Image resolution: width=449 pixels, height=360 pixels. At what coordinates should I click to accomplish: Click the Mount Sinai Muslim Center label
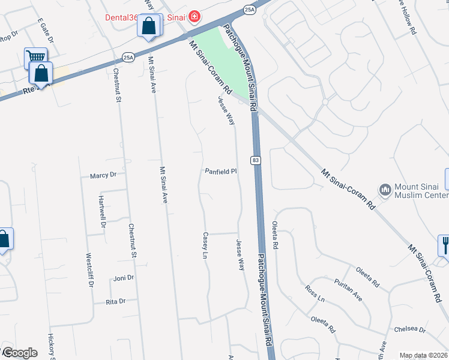coord(420,191)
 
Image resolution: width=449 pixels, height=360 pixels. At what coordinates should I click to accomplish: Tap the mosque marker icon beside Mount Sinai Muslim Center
coord(385,191)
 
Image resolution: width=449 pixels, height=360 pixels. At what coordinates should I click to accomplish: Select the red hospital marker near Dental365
coord(194,16)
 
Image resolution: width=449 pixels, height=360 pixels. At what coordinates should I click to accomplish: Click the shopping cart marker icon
coord(35,58)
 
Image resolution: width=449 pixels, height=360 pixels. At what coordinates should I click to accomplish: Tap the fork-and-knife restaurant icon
coord(445,244)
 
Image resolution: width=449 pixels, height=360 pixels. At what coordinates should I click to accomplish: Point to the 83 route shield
coord(256,160)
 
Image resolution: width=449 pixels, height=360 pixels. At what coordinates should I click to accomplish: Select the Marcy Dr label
coord(103,175)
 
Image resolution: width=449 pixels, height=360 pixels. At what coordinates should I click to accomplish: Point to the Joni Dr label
coord(123,278)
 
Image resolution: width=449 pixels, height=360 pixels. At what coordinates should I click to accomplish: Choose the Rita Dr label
coord(115,301)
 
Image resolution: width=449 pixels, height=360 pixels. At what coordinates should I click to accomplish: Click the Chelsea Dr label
coord(409,329)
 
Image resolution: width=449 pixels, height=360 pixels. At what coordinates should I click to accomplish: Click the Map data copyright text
coord(423,355)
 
